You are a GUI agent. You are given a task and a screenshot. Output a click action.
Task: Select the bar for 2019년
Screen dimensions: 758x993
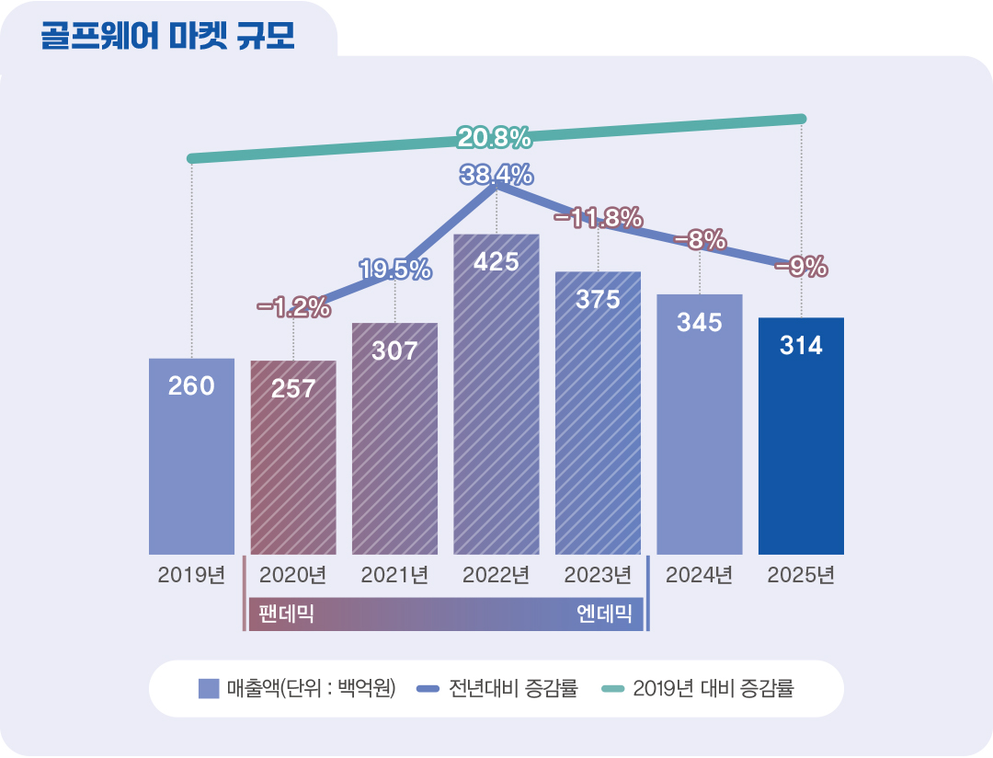click(x=191, y=460)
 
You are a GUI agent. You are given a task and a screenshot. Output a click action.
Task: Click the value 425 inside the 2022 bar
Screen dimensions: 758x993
click(x=496, y=262)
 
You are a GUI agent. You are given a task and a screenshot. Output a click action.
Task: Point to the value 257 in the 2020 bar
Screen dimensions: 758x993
click(x=293, y=388)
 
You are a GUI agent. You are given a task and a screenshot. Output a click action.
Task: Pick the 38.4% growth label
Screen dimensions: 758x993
click(x=496, y=174)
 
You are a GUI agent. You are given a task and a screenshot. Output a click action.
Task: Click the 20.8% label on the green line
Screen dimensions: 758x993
click(x=494, y=139)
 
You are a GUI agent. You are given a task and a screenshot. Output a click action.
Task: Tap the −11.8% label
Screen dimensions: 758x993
click(x=598, y=217)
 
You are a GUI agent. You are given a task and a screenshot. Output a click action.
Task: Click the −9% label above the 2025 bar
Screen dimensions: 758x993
click(x=801, y=267)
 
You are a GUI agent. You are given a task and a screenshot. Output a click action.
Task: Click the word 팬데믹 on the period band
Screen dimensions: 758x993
click(x=287, y=614)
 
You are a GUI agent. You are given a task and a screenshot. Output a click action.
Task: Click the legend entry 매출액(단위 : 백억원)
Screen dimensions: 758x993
click(x=297, y=688)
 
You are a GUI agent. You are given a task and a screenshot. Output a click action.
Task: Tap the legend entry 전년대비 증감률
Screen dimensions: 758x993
click(x=498, y=688)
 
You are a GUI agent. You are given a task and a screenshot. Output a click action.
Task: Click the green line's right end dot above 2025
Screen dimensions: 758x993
click(x=801, y=119)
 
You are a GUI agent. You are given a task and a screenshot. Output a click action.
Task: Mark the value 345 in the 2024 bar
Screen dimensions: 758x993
click(x=699, y=323)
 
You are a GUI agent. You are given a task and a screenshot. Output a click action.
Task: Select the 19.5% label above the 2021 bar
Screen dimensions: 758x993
click(x=394, y=270)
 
